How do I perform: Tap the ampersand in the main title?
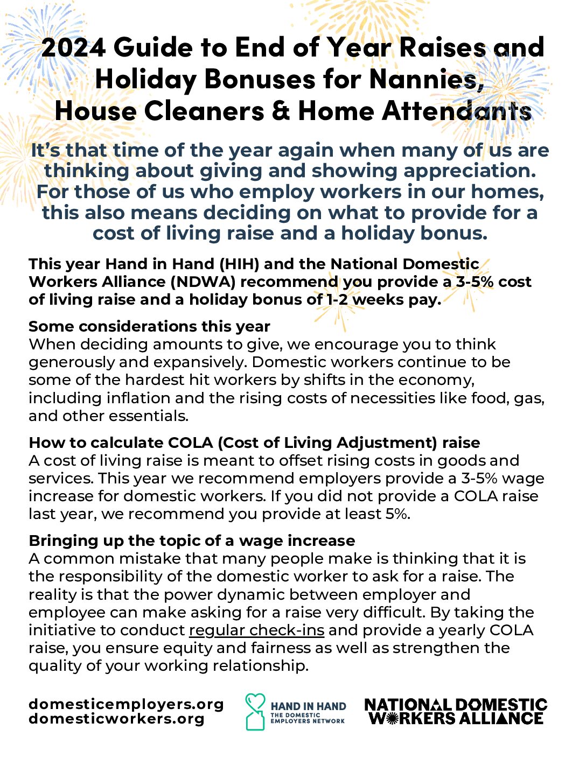pos(281,111)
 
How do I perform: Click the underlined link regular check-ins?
pos(256,630)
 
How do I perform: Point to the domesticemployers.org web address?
pos(126,704)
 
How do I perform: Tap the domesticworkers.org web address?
pos(117,719)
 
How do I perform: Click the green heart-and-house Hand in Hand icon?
pos(255,711)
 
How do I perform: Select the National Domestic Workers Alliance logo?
pos(456,712)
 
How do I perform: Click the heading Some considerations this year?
pos(149,326)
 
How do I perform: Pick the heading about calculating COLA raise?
pos(254,443)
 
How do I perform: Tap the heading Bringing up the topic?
pos(192,541)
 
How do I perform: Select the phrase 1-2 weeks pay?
pos(383,299)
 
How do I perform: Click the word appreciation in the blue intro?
pos(470,171)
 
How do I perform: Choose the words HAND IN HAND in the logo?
pos(308,706)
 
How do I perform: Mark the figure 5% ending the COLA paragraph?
pos(397,514)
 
